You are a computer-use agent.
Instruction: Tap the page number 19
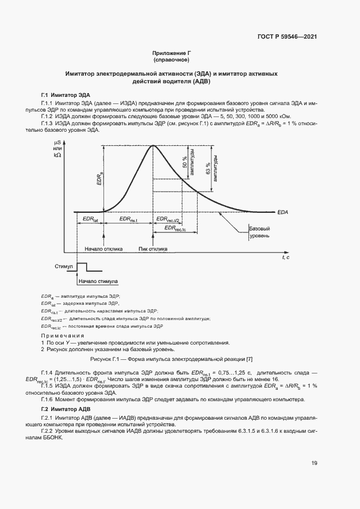(x=314, y=463)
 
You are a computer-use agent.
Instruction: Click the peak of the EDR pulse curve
(x=153, y=145)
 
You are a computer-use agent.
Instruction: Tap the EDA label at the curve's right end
(x=283, y=212)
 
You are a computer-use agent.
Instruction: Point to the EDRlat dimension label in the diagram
(x=90, y=219)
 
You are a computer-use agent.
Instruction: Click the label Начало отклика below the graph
(x=103, y=249)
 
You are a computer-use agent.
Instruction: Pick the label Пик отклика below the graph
(x=153, y=249)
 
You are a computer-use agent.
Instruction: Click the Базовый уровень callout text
(x=259, y=232)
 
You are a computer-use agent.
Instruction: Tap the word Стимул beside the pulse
(x=64, y=267)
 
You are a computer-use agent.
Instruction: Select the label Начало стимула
(x=98, y=282)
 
